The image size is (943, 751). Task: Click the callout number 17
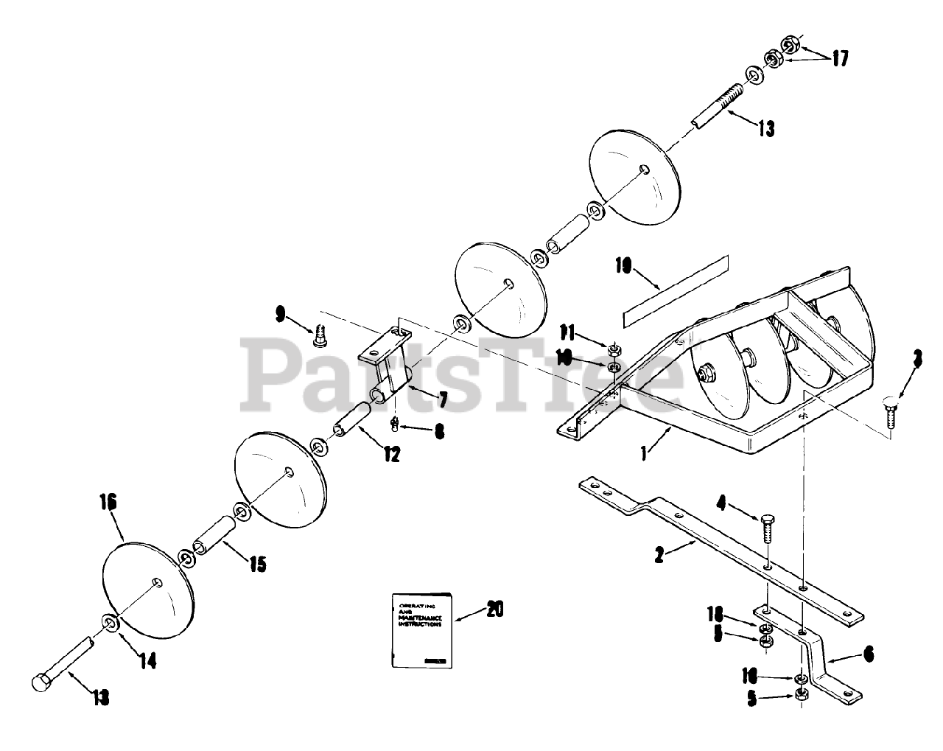(x=840, y=58)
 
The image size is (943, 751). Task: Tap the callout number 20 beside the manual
(x=494, y=609)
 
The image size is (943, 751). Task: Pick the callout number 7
(x=443, y=400)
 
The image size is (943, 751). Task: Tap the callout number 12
(x=391, y=455)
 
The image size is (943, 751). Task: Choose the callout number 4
(x=721, y=504)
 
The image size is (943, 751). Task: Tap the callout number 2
(x=659, y=554)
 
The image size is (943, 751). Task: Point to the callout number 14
(x=148, y=662)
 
